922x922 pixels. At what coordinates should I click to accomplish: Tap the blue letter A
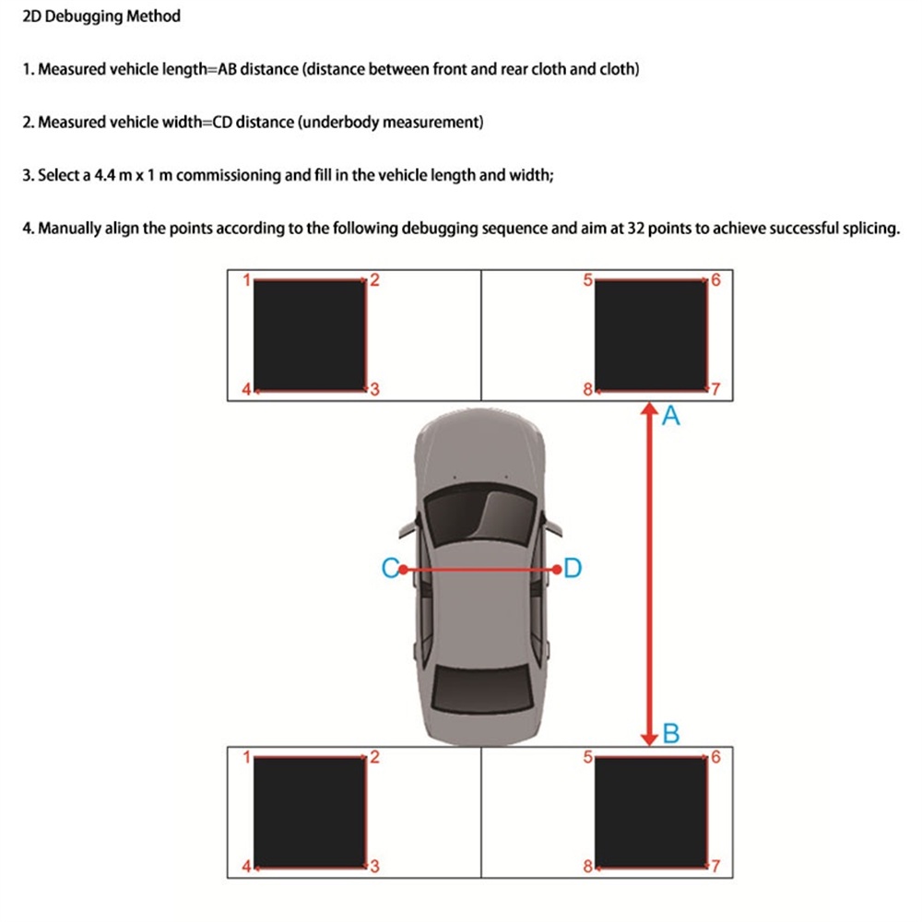pyautogui.click(x=671, y=418)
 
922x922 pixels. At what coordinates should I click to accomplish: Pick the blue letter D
pyautogui.click(x=572, y=569)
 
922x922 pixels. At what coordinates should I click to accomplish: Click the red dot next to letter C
pyautogui.click(x=403, y=570)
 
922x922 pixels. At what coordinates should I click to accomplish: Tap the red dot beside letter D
pyautogui.click(x=556, y=570)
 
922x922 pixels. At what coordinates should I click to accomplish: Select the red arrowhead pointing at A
pyautogui.click(x=650, y=408)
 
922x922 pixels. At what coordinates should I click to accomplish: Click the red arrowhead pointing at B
pyautogui.click(x=650, y=738)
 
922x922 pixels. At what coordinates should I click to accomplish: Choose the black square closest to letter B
pyautogui.click(x=650, y=810)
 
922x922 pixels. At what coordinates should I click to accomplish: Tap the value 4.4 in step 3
pyautogui.click(x=105, y=175)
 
